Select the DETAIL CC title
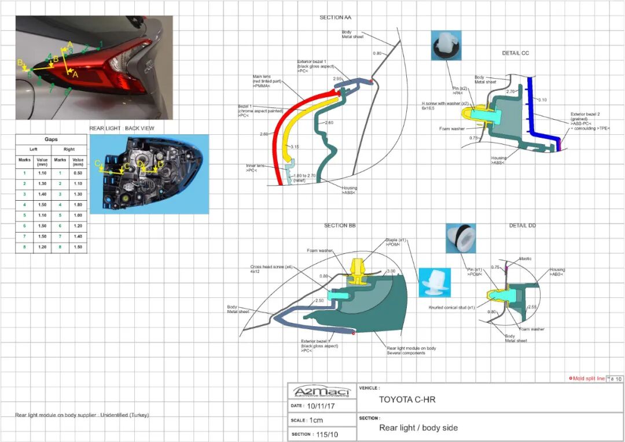point(515,53)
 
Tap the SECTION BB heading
point(340,225)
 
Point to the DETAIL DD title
point(522,225)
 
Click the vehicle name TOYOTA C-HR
point(407,399)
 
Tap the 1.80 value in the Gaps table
point(78,204)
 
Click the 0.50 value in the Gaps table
point(78,172)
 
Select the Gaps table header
point(51,139)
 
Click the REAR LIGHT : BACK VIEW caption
point(122,128)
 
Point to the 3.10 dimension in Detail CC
point(542,100)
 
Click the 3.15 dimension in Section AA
point(295,146)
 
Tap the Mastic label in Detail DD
point(525,259)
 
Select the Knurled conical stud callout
point(452,307)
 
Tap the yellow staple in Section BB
point(359,272)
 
